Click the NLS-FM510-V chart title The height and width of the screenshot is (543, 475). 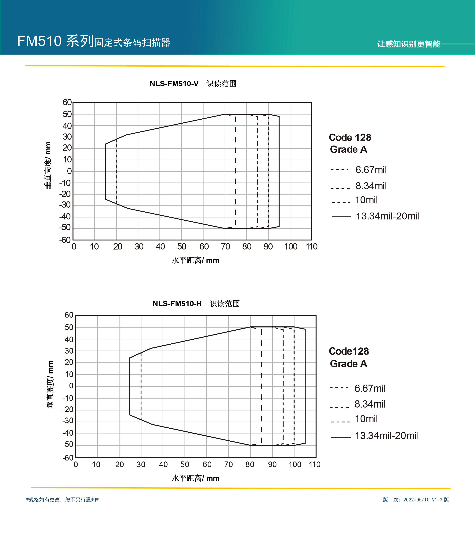coord(193,84)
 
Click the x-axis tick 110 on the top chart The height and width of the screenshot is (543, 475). coord(311,247)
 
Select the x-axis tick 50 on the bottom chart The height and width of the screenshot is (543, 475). coord(185,464)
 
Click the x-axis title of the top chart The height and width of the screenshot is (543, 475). coord(195,260)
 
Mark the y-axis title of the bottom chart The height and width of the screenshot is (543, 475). coord(50,384)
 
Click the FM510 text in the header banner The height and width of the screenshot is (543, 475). coord(39,41)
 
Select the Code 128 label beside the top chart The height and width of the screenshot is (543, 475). coord(350,137)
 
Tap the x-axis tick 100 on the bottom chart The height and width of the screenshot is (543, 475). coord(295,464)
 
